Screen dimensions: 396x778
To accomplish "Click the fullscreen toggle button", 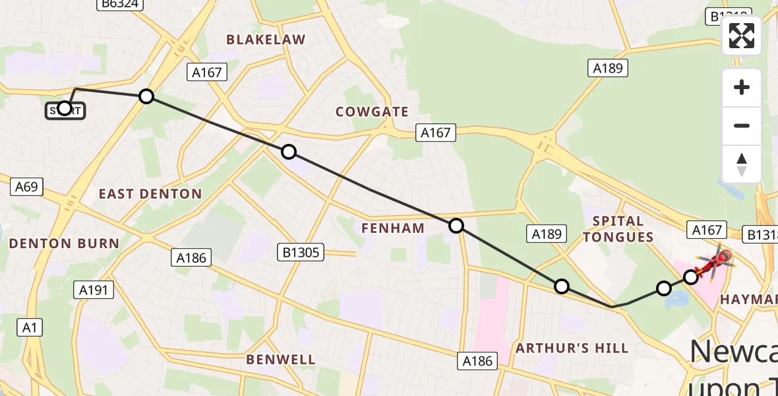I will point(742,36).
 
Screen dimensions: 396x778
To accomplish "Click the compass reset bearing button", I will point(742,164).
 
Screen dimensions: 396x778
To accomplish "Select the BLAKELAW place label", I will point(266,40).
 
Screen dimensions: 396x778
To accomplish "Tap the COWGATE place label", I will point(372,112).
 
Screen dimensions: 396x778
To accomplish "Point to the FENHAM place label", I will point(393,228).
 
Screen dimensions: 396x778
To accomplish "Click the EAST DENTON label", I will point(150,194).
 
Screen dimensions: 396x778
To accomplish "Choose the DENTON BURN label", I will point(64,244).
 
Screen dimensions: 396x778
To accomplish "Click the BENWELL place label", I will point(281,360).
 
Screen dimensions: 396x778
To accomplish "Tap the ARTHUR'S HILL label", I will point(572,348).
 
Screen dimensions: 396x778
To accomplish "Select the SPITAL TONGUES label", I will point(618,229).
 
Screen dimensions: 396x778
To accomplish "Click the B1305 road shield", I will point(300,251).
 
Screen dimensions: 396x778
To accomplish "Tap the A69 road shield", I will point(26,187).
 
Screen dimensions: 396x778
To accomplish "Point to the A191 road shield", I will point(95,289).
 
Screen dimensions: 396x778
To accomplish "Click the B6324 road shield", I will point(119,4).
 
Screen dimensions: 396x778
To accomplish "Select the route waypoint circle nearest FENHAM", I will point(456,226).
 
